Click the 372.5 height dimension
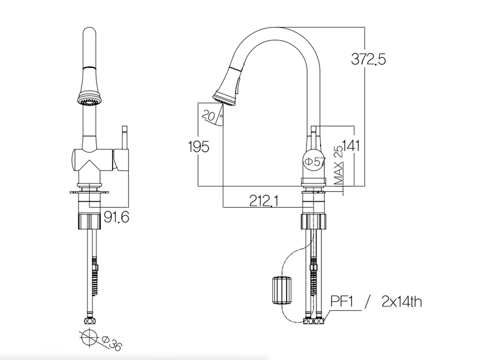tap(369, 59)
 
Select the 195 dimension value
tap(199, 147)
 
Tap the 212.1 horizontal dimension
tap(264, 201)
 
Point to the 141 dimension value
tap(350, 146)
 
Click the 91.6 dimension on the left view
tap(117, 217)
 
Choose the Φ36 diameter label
tap(111, 343)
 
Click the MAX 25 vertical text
tap(339, 165)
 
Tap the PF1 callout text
tap(342, 302)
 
